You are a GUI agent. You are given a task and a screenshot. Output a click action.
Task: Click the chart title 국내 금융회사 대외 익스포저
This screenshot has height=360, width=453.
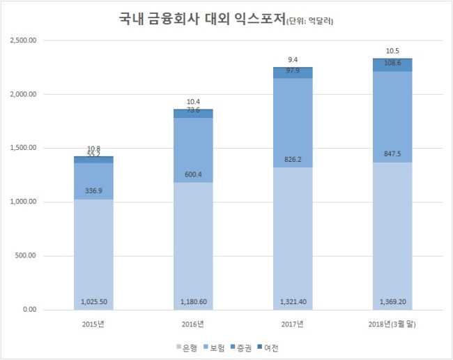[x=202, y=20]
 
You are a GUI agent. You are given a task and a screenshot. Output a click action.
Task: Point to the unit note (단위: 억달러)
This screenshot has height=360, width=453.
[x=309, y=21]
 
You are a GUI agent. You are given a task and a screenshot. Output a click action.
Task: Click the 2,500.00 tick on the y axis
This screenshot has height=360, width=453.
[x=23, y=40]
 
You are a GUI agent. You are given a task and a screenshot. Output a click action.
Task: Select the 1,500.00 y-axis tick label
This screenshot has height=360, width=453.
[x=23, y=148]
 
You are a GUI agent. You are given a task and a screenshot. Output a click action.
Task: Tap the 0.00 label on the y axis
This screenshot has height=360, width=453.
[x=30, y=309]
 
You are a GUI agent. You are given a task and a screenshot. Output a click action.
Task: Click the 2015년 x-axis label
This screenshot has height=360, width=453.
[x=93, y=324]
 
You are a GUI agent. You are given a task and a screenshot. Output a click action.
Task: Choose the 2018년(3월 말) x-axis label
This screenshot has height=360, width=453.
[x=392, y=324]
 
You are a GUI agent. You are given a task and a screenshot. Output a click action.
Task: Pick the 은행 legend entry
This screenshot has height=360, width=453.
[x=187, y=348]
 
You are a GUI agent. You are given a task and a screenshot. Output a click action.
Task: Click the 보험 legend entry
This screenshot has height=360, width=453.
[x=214, y=348]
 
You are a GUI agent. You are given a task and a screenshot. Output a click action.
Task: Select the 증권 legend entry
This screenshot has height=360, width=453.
[x=241, y=348]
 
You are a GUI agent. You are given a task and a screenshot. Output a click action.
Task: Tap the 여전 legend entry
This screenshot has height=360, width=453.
[x=268, y=348]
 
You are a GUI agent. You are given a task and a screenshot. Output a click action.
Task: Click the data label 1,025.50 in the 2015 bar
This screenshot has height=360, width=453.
[x=93, y=302]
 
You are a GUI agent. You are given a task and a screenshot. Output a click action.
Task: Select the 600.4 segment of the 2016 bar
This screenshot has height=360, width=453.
[x=193, y=150]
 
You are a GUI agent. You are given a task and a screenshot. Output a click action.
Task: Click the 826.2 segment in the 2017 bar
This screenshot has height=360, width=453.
[x=293, y=123]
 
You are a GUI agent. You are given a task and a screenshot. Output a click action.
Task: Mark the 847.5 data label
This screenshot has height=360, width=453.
[x=392, y=153]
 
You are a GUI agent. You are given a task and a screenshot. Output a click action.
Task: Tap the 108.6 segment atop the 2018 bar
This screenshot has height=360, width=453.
[x=392, y=66]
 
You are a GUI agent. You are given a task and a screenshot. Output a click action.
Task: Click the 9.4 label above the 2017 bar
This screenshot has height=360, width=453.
[x=293, y=60]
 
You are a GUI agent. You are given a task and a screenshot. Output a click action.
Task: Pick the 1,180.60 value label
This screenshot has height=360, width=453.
[x=194, y=302]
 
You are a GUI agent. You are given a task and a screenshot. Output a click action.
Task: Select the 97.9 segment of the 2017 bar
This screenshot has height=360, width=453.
[x=293, y=73]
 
